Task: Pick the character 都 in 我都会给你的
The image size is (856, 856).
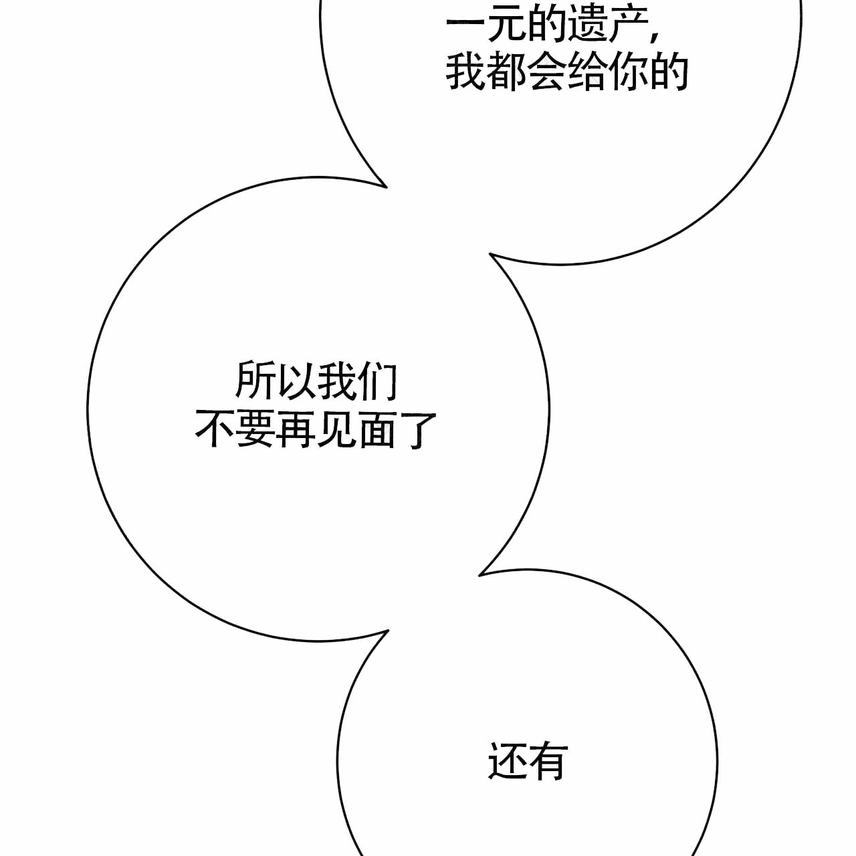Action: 506,72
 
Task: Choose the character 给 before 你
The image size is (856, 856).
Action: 588,72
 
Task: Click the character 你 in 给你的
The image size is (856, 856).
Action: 628,72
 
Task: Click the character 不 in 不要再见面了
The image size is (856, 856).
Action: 214,429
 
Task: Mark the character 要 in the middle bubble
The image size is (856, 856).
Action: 255,429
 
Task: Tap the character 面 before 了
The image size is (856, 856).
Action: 377,429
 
